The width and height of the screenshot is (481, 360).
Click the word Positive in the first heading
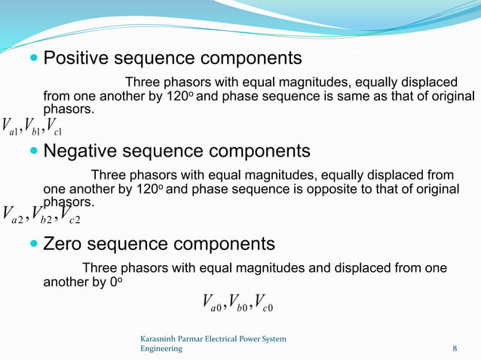coord(76,58)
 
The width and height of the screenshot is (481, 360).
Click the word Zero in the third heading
coord(64,244)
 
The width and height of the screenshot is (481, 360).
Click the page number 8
coord(454,349)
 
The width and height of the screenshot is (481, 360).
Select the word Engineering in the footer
coord(161,349)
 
